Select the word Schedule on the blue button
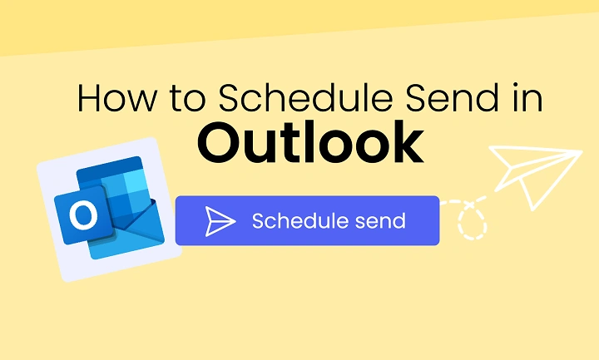click(297, 220)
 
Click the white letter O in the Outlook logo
click(82, 216)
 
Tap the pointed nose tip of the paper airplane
click(581, 151)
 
